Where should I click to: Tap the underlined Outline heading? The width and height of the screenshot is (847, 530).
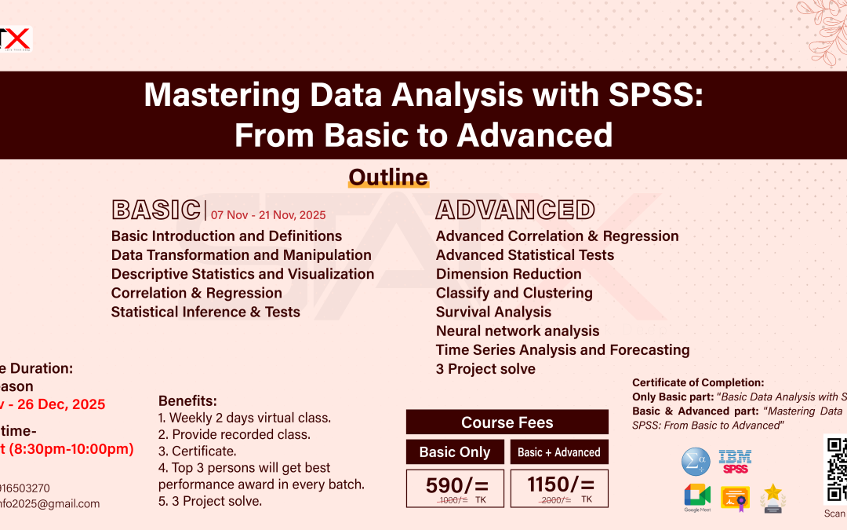(388, 177)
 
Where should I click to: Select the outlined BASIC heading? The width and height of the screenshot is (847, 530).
(156, 210)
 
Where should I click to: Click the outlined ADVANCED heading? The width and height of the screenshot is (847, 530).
(515, 210)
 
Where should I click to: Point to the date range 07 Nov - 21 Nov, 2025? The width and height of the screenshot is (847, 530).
(268, 214)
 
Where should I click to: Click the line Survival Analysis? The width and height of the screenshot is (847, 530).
(493, 312)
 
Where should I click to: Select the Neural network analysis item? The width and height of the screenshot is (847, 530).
(518, 331)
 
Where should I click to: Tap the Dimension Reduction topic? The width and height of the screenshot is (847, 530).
(508, 274)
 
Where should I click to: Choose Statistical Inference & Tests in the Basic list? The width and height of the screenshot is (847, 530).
(205, 312)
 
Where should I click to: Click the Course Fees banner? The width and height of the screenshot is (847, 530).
(507, 422)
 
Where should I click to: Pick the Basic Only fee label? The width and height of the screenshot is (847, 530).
(455, 452)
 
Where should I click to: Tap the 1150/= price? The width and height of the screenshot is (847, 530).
(559, 485)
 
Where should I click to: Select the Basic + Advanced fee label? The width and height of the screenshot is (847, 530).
(559, 452)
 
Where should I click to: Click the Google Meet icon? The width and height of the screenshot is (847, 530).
(696, 496)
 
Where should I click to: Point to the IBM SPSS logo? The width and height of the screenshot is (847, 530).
(735, 462)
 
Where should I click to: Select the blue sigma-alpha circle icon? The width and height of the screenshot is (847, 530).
(696, 462)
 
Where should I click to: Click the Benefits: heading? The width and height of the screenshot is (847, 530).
(187, 400)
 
